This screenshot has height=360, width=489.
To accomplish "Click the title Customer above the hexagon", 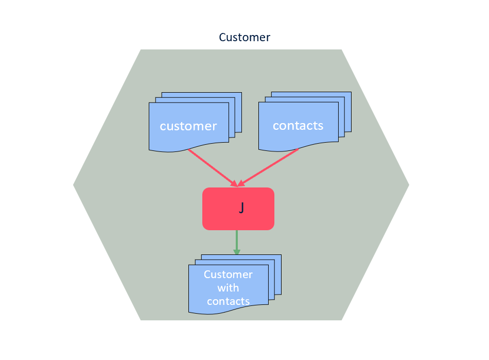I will tap(244, 37).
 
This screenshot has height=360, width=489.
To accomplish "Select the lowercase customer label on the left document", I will tap(188, 126).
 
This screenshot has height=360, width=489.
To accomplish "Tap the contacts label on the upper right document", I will tap(298, 126).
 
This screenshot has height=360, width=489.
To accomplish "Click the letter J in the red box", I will tap(241, 208).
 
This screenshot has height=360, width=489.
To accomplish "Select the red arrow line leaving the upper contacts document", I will tap(271, 166).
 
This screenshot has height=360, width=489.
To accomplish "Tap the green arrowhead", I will tap(237, 251).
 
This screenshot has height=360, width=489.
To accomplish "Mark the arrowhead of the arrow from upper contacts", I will tap(241, 183).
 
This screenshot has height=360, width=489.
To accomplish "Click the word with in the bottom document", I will tap(228, 288).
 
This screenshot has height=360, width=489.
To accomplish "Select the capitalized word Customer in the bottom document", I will tap(228, 275).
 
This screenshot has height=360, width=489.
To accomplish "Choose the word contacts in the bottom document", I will tap(228, 301).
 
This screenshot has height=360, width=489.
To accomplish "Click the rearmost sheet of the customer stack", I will tap(238, 95).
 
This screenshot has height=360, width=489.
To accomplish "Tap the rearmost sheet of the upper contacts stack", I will tap(347, 95).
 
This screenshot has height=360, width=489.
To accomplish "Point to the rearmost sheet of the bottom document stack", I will tap(278, 257).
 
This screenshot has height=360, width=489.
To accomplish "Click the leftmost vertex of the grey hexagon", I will tap(74, 185).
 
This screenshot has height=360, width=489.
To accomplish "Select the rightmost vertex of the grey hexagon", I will tap(408, 185).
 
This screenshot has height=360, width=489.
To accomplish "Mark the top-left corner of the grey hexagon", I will tap(141, 50).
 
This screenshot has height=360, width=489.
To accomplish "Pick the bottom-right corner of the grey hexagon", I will tap(341, 319).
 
